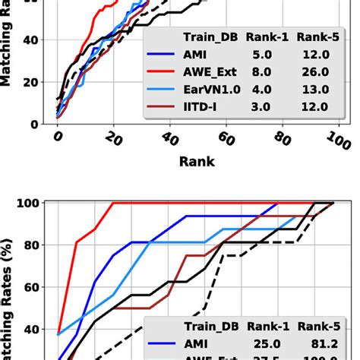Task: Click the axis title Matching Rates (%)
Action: (x=14, y=281)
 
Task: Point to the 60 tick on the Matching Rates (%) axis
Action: (x=34, y=288)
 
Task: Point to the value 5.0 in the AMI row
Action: (x=261, y=56)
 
